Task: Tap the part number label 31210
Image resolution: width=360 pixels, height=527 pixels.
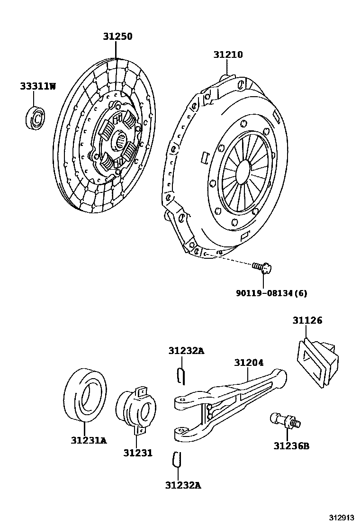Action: click(227, 55)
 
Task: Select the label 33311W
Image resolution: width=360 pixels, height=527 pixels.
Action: click(38, 86)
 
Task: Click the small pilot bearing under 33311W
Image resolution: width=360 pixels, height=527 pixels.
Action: click(35, 118)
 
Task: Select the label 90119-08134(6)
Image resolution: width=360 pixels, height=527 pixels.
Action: click(271, 293)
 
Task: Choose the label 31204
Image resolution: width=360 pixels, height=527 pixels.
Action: click(248, 363)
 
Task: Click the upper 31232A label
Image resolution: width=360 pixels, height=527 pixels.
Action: click(186, 351)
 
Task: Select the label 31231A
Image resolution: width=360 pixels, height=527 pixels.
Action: click(89, 440)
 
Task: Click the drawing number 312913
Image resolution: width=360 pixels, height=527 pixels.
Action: click(342, 517)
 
